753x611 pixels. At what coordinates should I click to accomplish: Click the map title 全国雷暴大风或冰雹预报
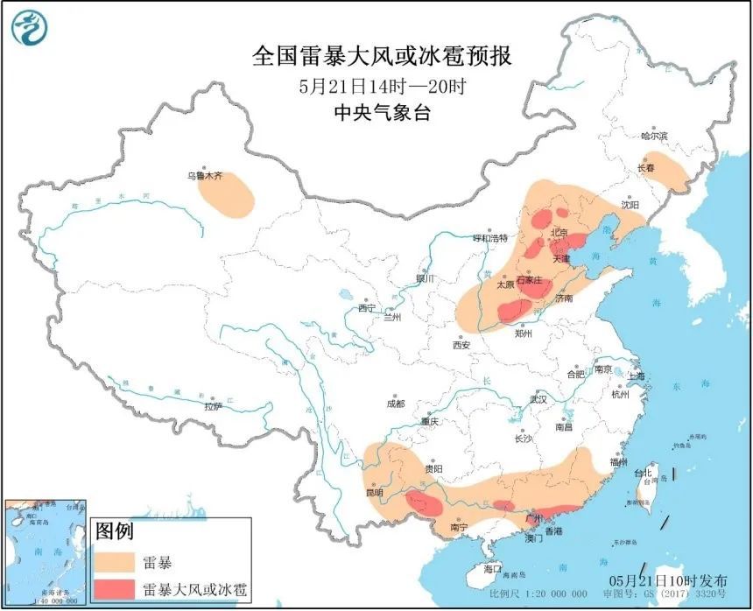point(381,57)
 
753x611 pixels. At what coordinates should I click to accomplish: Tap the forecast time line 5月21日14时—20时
point(381,87)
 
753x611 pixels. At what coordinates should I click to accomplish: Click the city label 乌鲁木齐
point(205,176)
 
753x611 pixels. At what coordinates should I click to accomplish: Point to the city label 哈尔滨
point(653,137)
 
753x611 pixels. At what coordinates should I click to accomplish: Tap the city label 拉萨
point(213,406)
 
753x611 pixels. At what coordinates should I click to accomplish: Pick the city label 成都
point(395,404)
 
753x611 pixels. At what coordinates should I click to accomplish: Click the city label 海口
point(494,569)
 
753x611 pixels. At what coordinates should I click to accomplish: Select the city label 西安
point(461,345)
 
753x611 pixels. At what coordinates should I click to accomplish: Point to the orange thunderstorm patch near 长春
point(667,172)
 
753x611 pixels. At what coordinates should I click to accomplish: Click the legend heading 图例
point(114,530)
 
